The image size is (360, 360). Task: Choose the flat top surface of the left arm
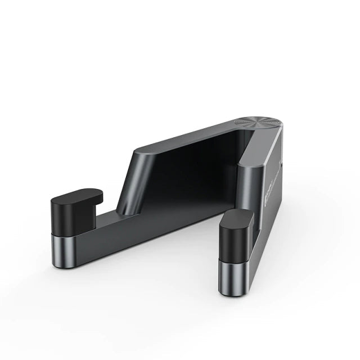pyautogui.click(x=186, y=137)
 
